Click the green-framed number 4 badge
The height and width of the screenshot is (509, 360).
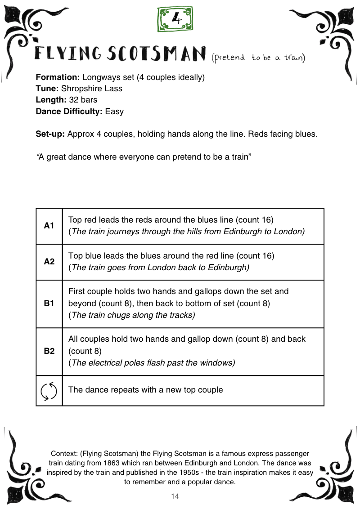176,19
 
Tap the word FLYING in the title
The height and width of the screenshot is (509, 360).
69,55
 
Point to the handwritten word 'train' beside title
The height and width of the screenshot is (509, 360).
294,58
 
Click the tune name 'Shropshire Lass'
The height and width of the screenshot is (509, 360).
91,89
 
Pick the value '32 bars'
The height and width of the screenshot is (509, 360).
83,100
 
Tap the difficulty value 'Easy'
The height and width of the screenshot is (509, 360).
114,111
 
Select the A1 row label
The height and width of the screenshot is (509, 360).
49,226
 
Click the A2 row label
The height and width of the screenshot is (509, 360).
49,262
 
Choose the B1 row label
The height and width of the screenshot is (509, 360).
49,304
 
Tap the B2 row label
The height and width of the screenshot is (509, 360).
49,351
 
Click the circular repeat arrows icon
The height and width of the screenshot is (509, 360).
49,390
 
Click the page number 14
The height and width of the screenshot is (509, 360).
175,496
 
